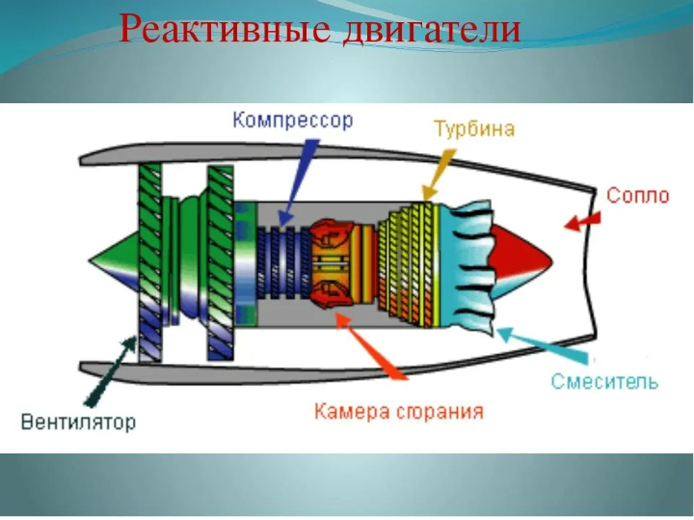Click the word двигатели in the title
click(x=432, y=29)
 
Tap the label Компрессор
click(x=292, y=121)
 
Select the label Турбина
click(x=473, y=128)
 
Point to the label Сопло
click(x=637, y=196)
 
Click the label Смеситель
click(x=604, y=381)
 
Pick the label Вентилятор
click(x=79, y=422)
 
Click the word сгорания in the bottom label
click(x=439, y=413)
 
